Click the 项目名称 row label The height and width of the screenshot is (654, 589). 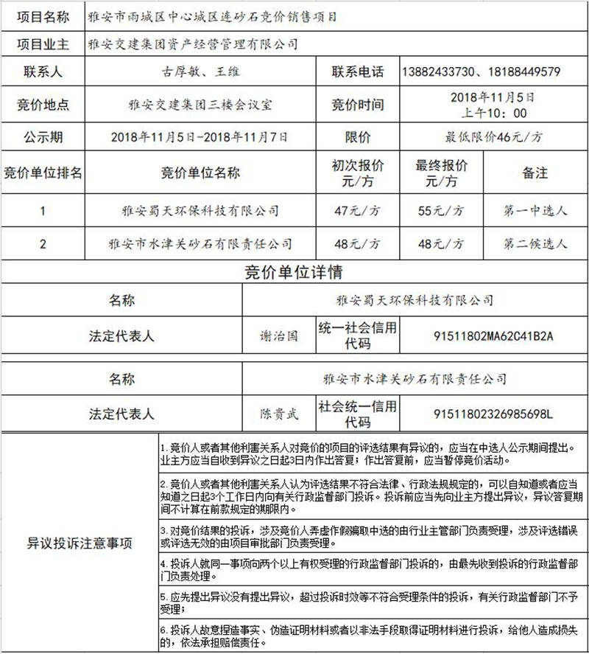(x=43, y=15)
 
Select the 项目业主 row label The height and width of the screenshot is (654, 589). (x=43, y=44)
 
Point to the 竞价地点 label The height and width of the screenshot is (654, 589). (x=43, y=105)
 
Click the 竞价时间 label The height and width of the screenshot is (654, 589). (x=358, y=105)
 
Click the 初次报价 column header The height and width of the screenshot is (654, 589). (x=358, y=173)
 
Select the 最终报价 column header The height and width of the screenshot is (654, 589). (x=441, y=173)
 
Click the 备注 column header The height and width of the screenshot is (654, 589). (x=535, y=173)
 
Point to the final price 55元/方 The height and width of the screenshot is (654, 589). (x=441, y=211)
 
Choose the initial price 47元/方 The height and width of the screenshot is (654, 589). (x=358, y=211)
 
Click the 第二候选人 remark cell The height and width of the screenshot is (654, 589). (x=535, y=244)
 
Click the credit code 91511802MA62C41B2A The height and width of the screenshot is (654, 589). (x=494, y=336)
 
